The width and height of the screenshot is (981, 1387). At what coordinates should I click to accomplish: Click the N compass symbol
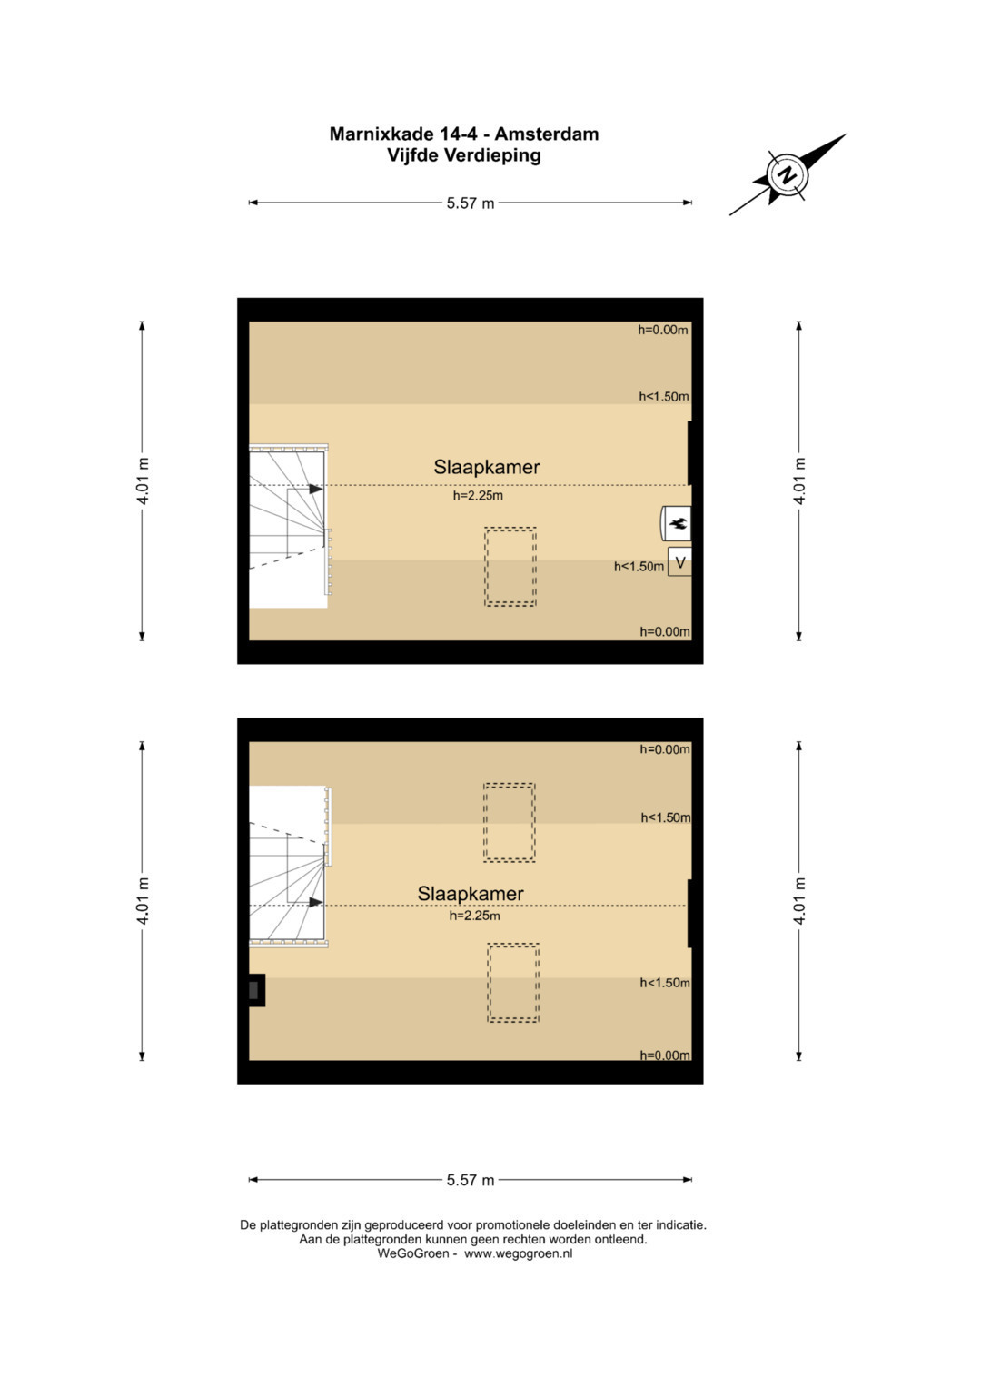click(788, 174)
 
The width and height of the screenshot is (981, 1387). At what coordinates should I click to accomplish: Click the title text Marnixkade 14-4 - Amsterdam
click(464, 134)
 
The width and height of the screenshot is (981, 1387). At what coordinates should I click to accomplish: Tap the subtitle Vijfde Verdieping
click(464, 154)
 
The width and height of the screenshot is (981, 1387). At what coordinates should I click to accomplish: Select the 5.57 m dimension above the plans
click(471, 203)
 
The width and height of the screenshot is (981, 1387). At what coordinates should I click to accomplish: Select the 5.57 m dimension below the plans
click(471, 1180)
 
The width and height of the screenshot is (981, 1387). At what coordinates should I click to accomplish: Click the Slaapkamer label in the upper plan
click(487, 467)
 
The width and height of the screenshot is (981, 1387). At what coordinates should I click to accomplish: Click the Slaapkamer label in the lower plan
click(471, 894)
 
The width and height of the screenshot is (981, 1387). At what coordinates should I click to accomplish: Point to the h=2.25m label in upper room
click(478, 495)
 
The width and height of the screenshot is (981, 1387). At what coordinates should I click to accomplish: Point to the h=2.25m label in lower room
click(474, 916)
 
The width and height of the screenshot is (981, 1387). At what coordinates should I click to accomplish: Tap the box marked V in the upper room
click(679, 562)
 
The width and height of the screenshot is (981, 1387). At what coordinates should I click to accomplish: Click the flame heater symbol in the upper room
click(677, 524)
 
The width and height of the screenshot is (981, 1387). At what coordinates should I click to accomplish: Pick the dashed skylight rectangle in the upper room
click(510, 567)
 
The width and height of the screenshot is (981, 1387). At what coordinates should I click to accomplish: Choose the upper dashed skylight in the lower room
click(509, 822)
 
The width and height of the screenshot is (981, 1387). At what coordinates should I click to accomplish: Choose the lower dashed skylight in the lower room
click(513, 984)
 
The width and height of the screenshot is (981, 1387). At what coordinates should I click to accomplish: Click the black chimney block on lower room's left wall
click(256, 990)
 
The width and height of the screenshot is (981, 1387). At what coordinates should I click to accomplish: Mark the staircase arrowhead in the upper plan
click(316, 490)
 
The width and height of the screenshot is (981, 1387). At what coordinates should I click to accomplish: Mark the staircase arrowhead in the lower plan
click(316, 902)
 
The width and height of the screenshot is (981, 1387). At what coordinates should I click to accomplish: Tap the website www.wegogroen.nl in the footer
click(519, 1253)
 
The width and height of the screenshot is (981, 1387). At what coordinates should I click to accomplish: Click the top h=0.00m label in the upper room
click(663, 330)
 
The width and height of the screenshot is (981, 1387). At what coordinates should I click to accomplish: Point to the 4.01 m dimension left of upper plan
click(143, 481)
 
